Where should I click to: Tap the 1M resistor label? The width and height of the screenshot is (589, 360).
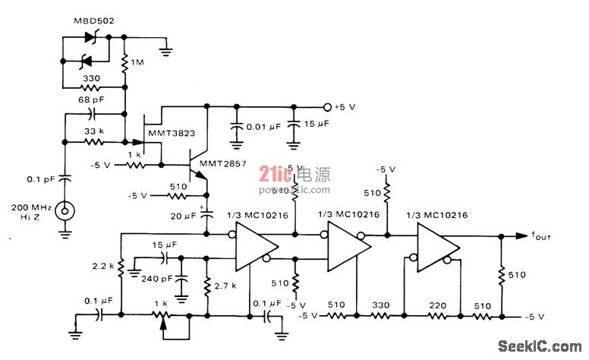pos(138,63)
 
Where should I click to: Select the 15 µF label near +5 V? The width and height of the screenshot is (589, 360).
pos(318,124)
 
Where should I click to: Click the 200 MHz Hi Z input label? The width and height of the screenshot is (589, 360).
pos(31,212)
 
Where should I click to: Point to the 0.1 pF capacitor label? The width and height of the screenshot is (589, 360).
pos(36,179)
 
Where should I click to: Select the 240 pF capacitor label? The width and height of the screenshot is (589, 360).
pos(157,278)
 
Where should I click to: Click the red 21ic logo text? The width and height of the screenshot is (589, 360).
pos(272,174)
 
